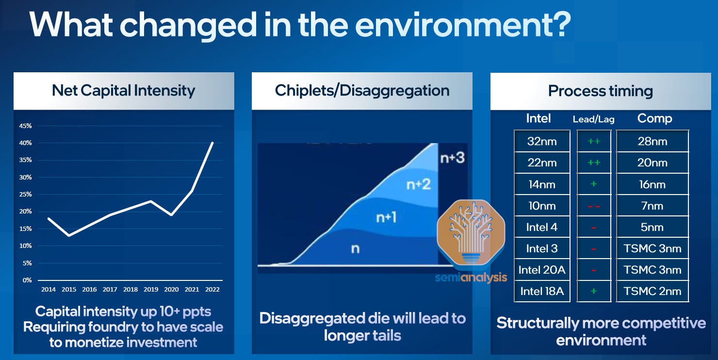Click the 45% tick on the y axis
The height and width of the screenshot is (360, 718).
click(25, 126)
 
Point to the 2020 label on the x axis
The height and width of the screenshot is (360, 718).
click(171, 290)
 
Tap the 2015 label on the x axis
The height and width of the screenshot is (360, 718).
click(69, 290)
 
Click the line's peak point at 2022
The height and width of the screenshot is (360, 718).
click(212, 143)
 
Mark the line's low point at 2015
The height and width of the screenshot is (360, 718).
click(69, 236)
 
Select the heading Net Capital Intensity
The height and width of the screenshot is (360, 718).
click(123, 91)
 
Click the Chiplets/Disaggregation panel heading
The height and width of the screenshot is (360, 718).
click(362, 91)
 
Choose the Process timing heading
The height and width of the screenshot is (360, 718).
click(600, 91)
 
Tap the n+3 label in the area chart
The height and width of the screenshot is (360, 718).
click(452, 158)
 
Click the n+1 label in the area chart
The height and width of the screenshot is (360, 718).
click(387, 218)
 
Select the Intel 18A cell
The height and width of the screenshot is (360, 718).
click(542, 291)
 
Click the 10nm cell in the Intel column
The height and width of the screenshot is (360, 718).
click(542, 206)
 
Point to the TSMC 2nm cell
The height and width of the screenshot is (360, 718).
click(652, 291)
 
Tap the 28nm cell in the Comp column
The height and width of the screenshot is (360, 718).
click(652, 142)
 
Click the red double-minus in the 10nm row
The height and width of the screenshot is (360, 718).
click(593, 206)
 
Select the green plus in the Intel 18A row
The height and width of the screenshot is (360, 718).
click(593, 291)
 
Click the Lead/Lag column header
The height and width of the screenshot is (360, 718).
click(593, 119)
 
